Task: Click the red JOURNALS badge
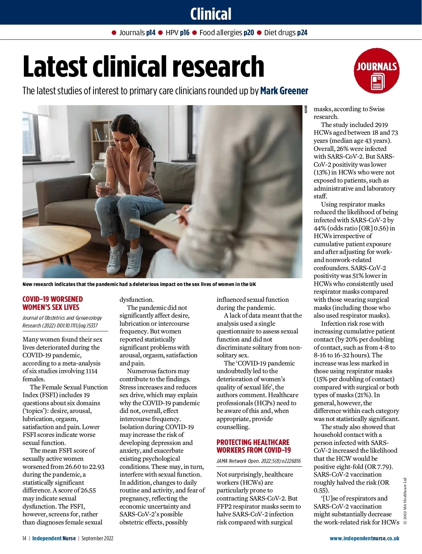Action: pyautogui.click(x=376, y=71)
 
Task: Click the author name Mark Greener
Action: pyautogui.click(x=284, y=91)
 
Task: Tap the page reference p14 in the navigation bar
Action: pyautogui.click(x=151, y=33)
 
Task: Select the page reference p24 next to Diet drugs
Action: pyautogui.click(x=302, y=33)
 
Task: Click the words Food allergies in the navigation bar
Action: pyautogui.click(x=220, y=33)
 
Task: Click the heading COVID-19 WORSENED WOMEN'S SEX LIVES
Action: pyautogui.click(x=53, y=303)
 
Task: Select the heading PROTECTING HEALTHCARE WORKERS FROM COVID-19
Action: pyautogui.click(x=254, y=446)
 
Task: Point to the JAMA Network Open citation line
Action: pyautogui.click(x=258, y=461)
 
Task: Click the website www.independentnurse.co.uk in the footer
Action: pyautogui.click(x=364, y=538)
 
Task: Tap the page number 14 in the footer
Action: pyautogui.click(x=24, y=538)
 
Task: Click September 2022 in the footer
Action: pyautogui.click(x=97, y=538)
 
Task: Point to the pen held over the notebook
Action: pyautogui.click(x=183, y=213)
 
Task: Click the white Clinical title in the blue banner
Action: pyautogui.click(x=211, y=14)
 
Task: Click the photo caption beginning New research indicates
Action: pyautogui.click(x=139, y=284)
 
